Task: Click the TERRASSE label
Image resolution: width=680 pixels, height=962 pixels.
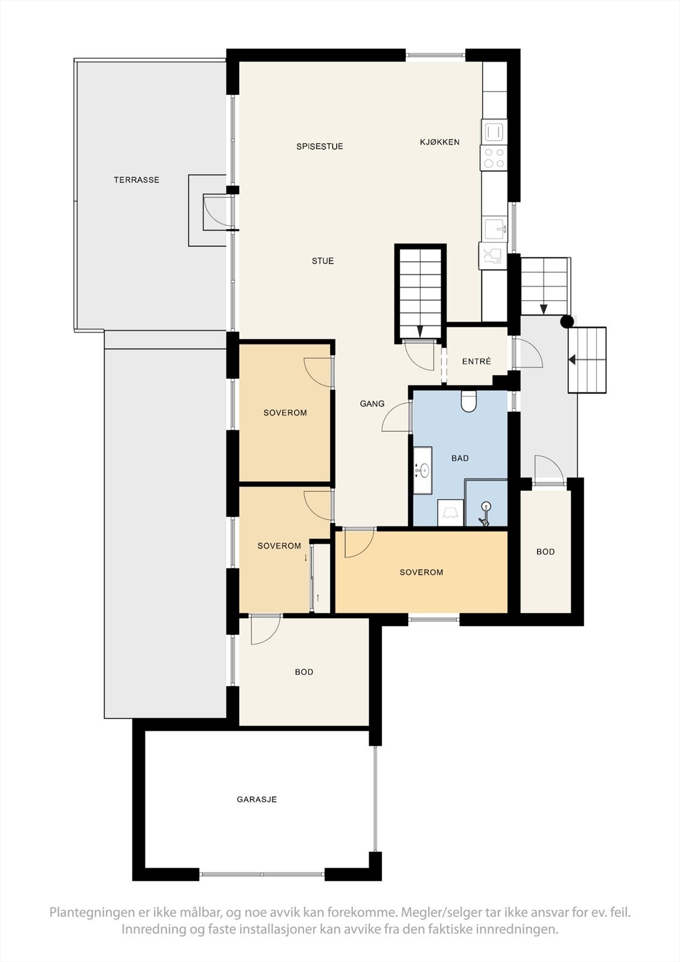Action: tap(136, 180)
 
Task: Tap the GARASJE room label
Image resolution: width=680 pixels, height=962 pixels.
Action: tap(257, 800)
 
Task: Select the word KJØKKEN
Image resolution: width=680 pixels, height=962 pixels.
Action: tap(440, 142)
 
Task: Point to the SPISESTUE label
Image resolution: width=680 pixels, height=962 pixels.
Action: tap(319, 147)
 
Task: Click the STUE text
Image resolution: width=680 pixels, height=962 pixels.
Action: tap(323, 261)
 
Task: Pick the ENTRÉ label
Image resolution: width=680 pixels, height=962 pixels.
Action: tap(477, 361)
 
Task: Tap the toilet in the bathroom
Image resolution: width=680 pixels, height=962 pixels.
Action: tap(469, 402)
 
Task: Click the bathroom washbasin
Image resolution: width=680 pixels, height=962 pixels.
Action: tap(423, 470)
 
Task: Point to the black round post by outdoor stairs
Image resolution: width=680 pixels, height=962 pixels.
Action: tap(566, 322)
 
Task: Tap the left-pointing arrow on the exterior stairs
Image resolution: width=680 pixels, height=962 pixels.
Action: tap(572, 360)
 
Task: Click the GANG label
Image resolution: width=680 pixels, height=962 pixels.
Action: tap(372, 404)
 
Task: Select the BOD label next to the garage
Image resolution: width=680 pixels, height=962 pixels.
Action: tap(304, 672)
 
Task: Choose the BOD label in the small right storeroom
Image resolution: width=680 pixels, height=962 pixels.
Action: tap(545, 552)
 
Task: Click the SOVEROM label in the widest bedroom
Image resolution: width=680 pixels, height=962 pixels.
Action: tap(421, 572)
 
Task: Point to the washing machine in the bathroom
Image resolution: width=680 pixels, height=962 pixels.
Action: tap(450, 513)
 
